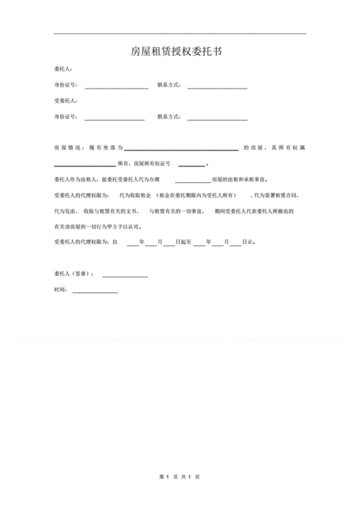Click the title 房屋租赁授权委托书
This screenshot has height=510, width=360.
click(179, 52)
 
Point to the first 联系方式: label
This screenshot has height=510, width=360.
click(168, 86)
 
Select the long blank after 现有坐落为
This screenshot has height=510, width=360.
click(181, 149)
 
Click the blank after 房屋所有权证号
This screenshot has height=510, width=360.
click(191, 165)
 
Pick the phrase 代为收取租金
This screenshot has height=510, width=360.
click(134, 195)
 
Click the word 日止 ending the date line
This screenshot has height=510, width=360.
click(248, 243)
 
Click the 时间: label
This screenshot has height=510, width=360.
click(61, 290)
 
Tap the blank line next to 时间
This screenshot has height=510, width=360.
click(94, 292)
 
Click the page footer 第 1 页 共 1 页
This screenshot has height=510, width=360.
click(179, 477)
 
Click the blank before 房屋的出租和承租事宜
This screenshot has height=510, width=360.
click(192, 181)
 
